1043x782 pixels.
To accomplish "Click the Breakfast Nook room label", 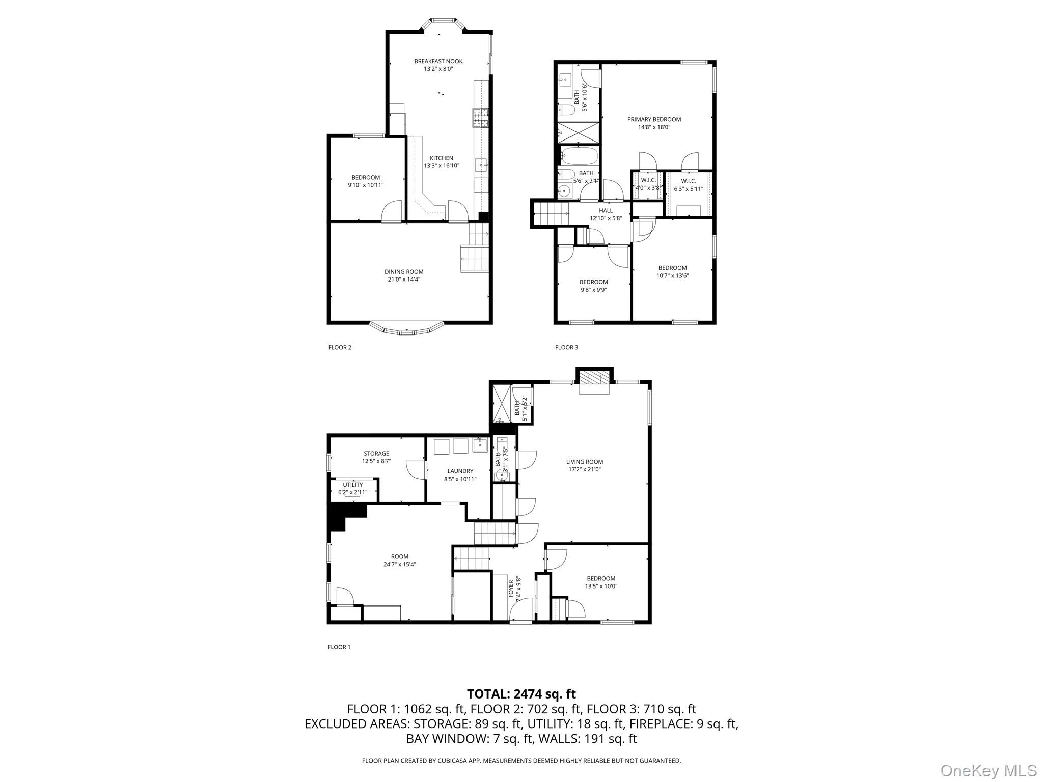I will [438, 62].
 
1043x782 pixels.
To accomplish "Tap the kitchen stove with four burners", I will [481, 119].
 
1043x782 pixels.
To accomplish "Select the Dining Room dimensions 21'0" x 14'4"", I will [403, 280].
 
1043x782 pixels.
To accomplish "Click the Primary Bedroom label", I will [654, 120].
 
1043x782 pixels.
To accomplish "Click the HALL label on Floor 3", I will [606, 211].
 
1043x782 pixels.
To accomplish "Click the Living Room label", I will [584, 462].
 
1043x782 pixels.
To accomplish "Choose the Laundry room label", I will [460, 471].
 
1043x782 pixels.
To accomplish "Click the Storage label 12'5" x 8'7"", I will [376, 454].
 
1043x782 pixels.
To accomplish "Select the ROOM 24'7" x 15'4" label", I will [400, 557].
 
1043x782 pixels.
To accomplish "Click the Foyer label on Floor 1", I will [511, 591].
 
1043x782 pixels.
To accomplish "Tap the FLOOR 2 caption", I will [340, 348].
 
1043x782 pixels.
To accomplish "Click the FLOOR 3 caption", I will [566, 348].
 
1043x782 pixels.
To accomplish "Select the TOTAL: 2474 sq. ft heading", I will [521, 694].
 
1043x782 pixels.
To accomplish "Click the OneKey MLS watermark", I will [987, 770].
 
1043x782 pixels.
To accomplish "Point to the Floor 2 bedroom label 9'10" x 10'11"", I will [366, 178].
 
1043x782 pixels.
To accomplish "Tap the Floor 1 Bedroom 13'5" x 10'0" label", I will [601, 579].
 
